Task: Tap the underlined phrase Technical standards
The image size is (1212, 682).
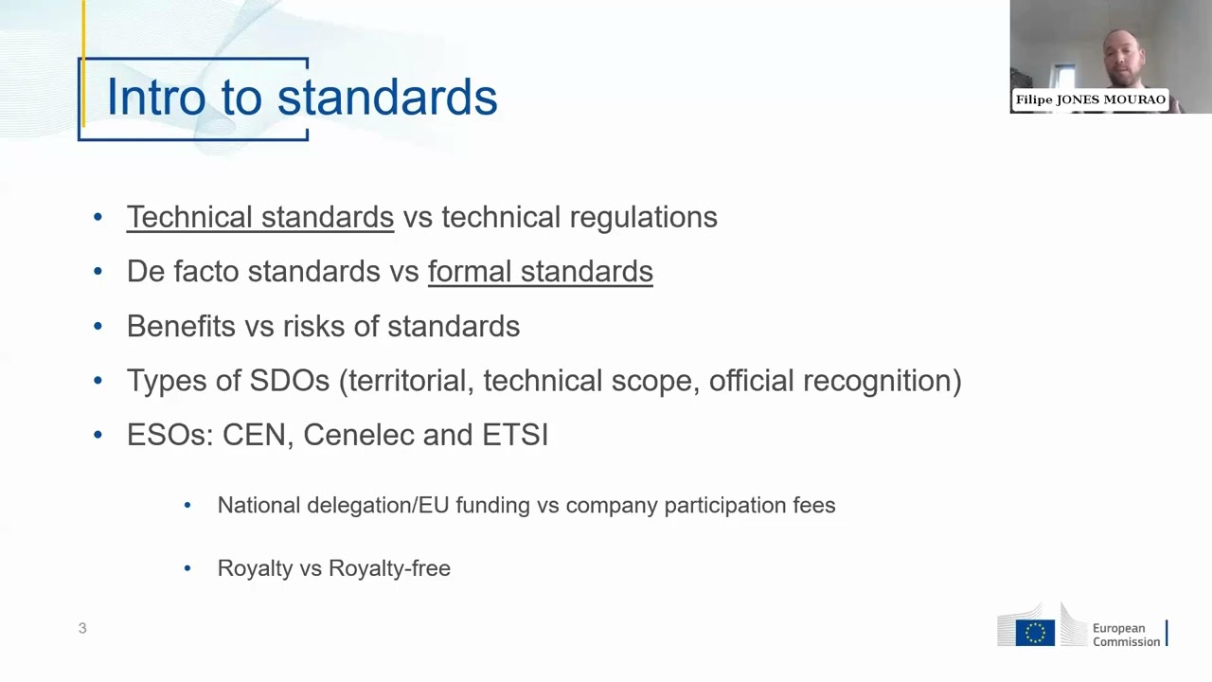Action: click(x=259, y=217)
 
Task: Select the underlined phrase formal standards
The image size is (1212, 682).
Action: click(x=540, y=272)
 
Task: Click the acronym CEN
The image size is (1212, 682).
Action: click(x=254, y=435)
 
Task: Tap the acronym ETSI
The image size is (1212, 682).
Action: click(x=515, y=435)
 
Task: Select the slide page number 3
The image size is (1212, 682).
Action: click(x=82, y=628)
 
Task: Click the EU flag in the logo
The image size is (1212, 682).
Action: click(x=1035, y=633)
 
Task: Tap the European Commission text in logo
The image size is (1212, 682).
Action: click(x=1126, y=635)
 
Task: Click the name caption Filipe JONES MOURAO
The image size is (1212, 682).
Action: click(x=1090, y=99)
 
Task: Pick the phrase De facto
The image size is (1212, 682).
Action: click(x=183, y=272)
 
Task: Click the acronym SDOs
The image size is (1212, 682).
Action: click(x=289, y=381)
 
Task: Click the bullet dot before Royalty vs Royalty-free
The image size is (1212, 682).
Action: click(x=187, y=568)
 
